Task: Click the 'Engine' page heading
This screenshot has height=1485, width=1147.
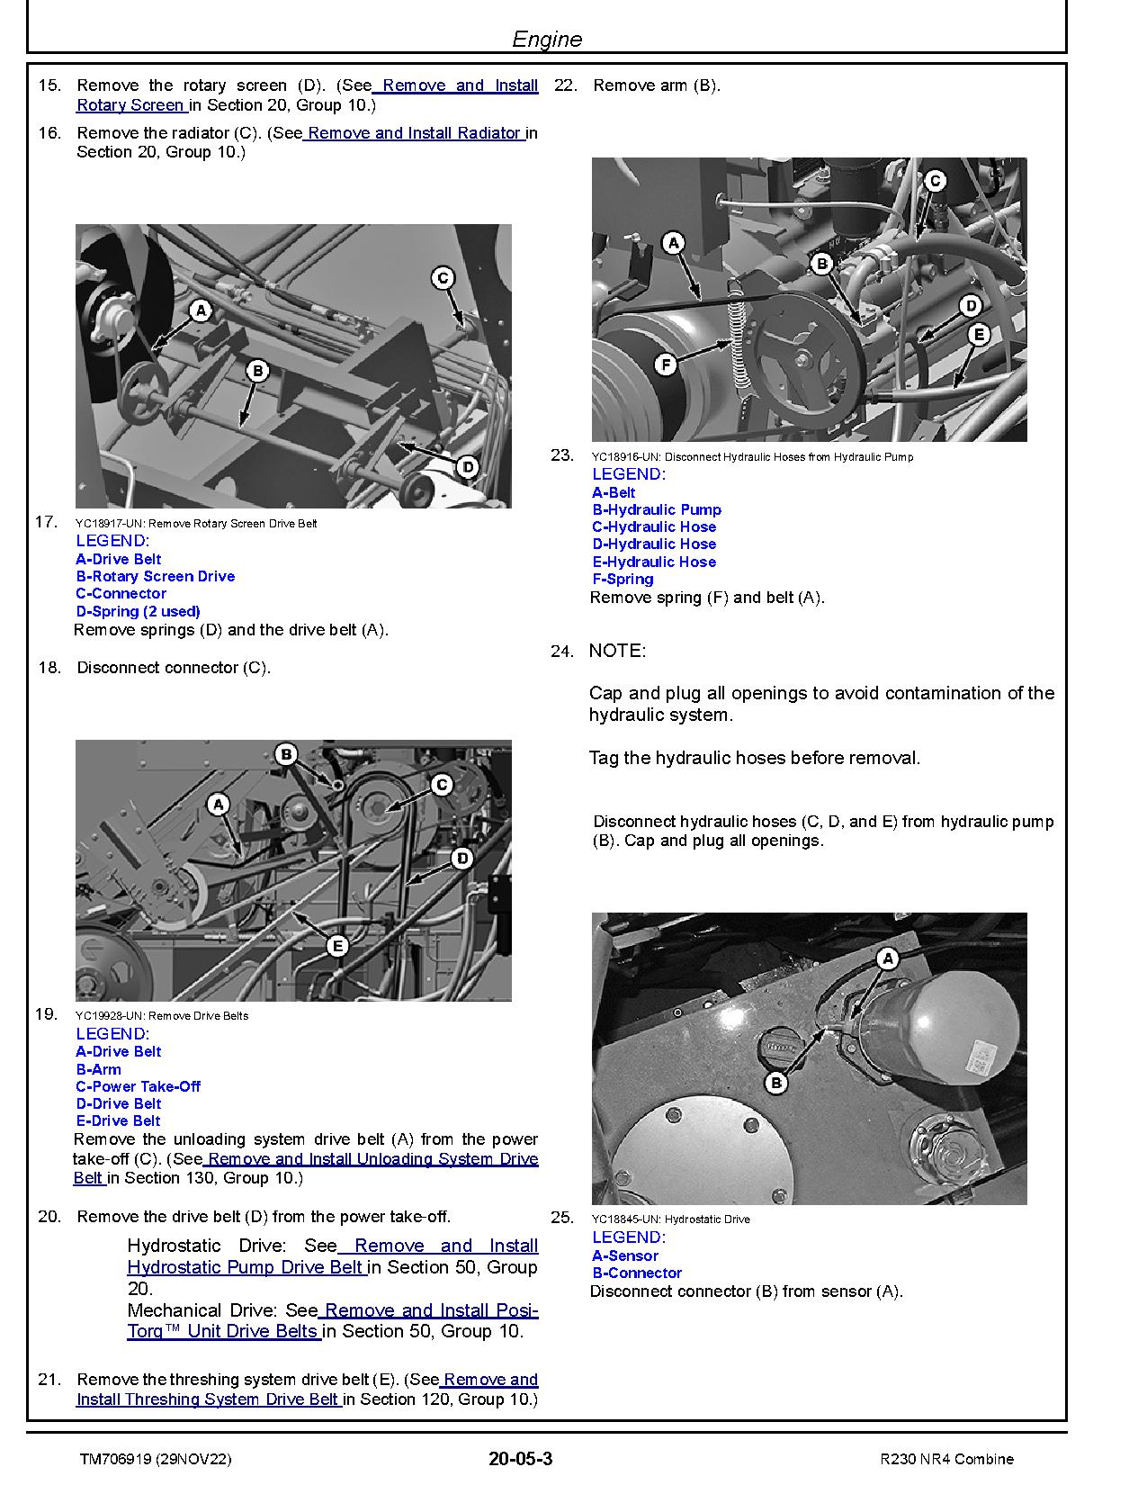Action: (x=547, y=39)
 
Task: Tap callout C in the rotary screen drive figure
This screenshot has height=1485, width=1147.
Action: (x=443, y=278)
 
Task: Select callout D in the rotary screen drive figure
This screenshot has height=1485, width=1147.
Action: (x=467, y=467)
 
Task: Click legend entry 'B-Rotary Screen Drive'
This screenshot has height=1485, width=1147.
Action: (x=155, y=576)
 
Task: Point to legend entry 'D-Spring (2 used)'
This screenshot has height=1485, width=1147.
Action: (x=138, y=611)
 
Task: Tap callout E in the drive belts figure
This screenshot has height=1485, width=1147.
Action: (x=337, y=946)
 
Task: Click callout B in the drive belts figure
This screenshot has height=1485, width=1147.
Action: (x=286, y=754)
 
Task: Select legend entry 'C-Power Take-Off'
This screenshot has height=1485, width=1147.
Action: (x=138, y=1086)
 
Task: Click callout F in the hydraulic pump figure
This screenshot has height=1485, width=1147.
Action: (x=666, y=364)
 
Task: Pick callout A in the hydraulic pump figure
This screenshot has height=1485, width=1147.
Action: (x=673, y=242)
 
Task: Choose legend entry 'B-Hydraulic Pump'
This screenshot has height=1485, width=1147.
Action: (x=657, y=509)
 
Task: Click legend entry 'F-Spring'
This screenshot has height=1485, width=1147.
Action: (x=623, y=579)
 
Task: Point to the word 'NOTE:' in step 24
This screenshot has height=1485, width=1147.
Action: (x=617, y=651)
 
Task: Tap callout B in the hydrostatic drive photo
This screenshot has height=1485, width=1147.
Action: (x=775, y=1083)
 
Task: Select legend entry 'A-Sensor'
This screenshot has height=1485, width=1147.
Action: (x=625, y=1255)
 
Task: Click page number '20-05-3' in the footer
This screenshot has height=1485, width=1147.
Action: (x=521, y=1459)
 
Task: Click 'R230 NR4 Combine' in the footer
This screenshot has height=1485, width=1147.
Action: (x=947, y=1459)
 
